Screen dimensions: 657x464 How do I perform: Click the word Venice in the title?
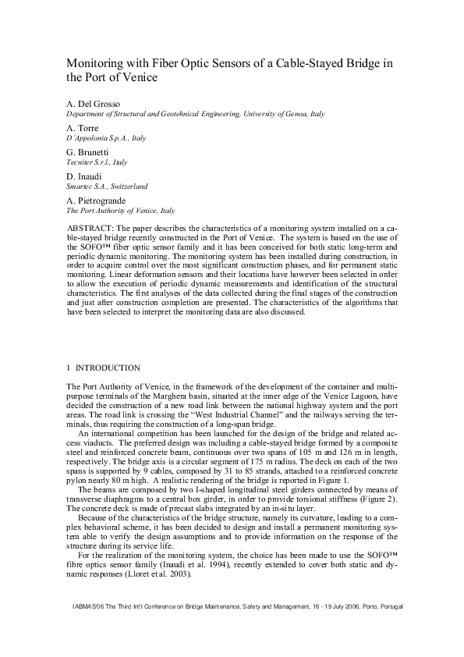coord(136,77)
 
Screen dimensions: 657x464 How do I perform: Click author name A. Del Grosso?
coord(94,104)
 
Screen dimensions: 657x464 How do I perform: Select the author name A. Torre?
coord(83,127)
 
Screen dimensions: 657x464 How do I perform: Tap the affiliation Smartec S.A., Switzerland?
coord(107,186)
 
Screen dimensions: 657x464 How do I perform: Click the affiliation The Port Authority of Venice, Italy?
coord(120,211)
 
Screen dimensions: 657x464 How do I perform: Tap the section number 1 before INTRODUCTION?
coord(69,368)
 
